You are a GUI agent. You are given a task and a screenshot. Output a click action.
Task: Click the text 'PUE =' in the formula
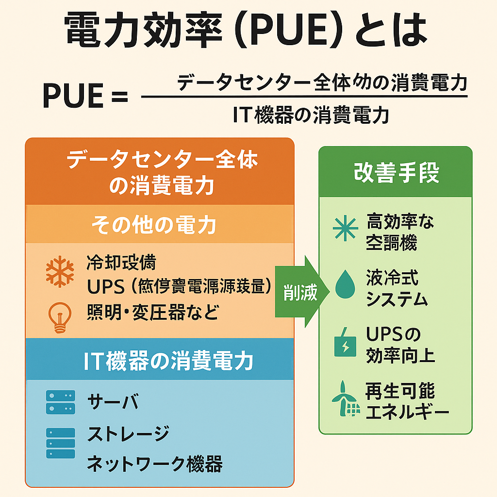click(84, 96)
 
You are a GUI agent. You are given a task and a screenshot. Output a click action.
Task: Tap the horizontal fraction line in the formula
click(304, 96)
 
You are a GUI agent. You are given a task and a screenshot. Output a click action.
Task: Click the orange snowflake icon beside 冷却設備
click(60, 271)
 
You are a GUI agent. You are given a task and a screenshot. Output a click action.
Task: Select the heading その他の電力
click(154, 224)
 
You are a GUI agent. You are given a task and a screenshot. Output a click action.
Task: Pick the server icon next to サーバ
click(61, 401)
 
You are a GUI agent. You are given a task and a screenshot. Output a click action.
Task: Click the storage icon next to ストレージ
click(61, 443)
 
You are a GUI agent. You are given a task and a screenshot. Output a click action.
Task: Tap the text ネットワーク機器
click(154, 464)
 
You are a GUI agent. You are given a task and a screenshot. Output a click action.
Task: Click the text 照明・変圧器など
click(153, 313)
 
